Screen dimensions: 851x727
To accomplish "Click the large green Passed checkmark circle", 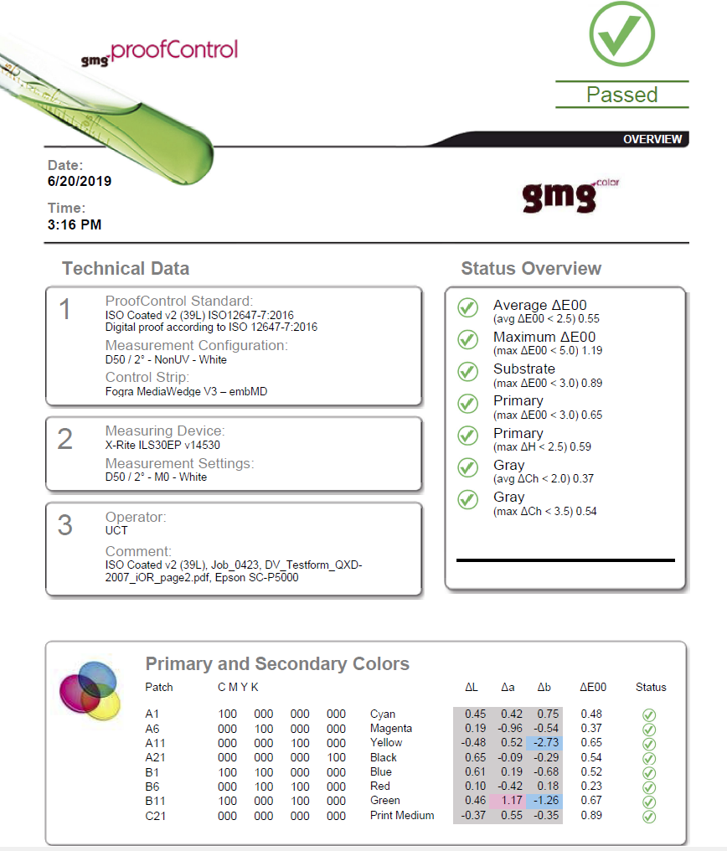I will pyautogui.click(x=621, y=34).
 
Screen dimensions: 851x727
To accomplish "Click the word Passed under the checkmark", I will pyautogui.click(x=621, y=95).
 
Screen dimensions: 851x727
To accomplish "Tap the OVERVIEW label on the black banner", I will pyautogui.click(x=652, y=139).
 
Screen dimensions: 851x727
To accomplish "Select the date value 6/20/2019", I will pyautogui.click(x=80, y=181).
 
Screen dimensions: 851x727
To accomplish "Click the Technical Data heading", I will pyautogui.click(x=126, y=269).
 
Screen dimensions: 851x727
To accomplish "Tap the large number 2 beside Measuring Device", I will pyautogui.click(x=65, y=439).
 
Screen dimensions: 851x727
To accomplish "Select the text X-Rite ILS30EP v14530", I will pyautogui.click(x=162, y=445).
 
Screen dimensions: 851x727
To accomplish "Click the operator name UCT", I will pyautogui.click(x=116, y=530).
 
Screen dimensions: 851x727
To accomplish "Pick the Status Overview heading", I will pyautogui.click(x=531, y=269).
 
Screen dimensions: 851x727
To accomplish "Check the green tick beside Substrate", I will pyautogui.click(x=467, y=372).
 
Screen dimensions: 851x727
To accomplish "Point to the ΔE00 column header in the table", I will pyautogui.click(x=592, y=687).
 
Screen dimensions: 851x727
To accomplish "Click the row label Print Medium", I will pyautogui.click(x=402, y=815).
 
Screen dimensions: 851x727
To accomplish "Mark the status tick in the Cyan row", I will pyautogui.click(x=649, y=714).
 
